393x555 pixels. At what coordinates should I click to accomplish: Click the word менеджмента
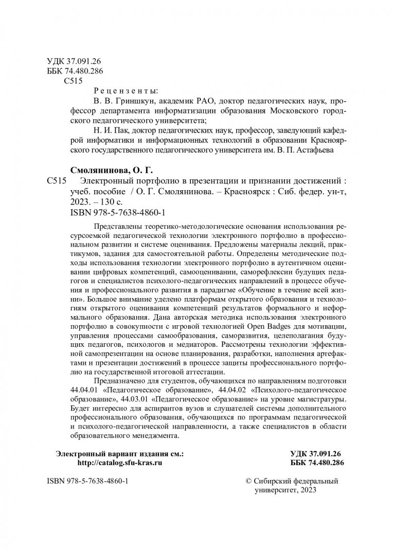point(154,435)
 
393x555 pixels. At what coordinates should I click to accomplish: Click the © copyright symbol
point(249,481)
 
